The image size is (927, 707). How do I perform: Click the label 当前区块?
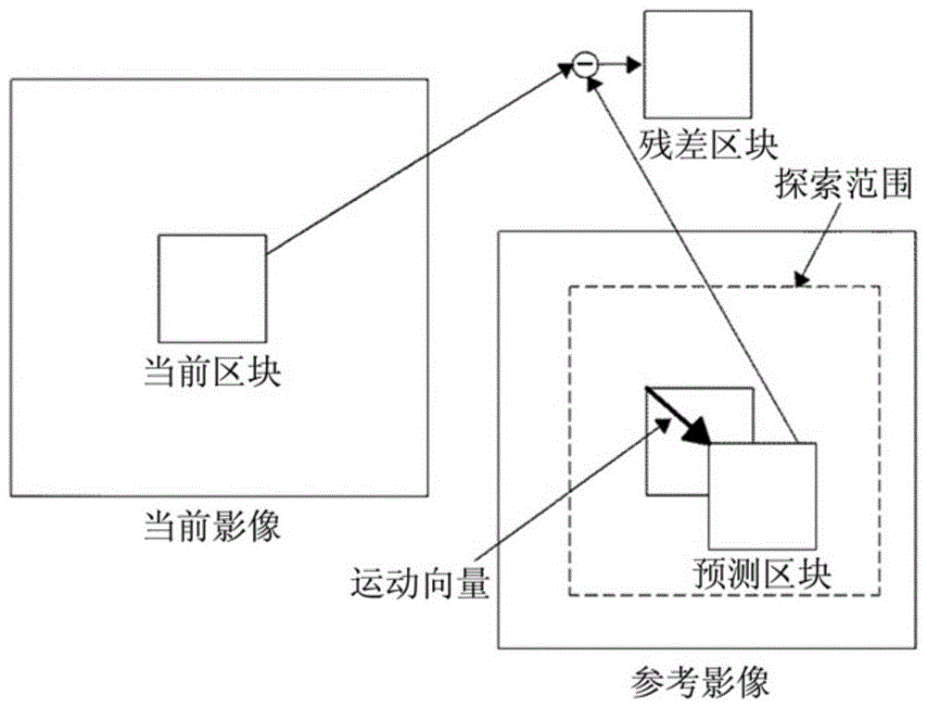pyautogui.click(x=212, y=372)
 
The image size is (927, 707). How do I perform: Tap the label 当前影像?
pyautogui.click(x=212, y=525)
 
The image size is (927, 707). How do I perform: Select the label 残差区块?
pyautogui.click(x=707, y=144)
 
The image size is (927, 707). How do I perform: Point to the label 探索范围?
pyautogui.click(x=844, y=184)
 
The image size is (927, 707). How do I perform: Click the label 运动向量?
pyautogui.click(x=420, y=583)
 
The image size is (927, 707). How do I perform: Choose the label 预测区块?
pyautogui.click(x=763, y=573)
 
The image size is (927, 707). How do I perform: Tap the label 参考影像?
pyautogui.click(x=701, y=683)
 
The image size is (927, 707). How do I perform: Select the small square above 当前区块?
pyautogui.click(x=212, y=288)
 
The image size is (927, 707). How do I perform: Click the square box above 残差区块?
pyautogui.click(x=698, y=65)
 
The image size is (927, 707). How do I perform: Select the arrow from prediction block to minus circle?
pyautogui.click(x=692, y=260)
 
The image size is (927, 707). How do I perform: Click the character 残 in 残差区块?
pyautogui.click(x=655, y=144)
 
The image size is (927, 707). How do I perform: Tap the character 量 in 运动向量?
pyautogui.click(x=473, y=583)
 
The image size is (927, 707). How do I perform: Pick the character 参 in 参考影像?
pyautogui.click(x=649, y=683)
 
